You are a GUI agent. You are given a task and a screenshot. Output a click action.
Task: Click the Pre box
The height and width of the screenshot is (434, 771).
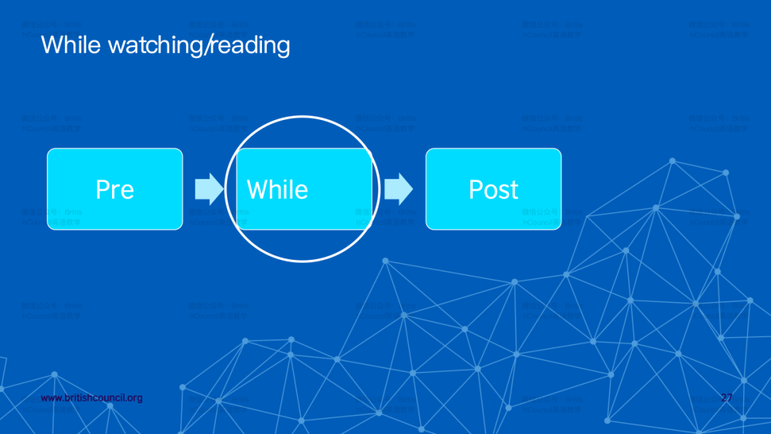[115, 189]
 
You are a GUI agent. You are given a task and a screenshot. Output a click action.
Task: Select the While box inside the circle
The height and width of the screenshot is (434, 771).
[303, 189]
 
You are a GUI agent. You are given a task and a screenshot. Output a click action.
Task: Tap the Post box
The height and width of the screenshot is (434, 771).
[493, 189]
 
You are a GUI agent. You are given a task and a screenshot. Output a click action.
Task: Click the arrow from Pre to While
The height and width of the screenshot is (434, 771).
[208, 188]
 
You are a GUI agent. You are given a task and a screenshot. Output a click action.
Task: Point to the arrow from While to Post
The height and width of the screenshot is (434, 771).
[398, 188]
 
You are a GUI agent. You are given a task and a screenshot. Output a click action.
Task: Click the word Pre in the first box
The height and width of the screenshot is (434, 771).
[115, 190]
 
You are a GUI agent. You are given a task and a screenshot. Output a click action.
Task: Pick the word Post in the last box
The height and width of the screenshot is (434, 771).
[493, 190]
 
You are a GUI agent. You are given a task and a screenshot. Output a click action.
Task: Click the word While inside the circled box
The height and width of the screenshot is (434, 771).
[278, 190]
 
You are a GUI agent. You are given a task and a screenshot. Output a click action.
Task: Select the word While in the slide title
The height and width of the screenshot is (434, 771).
[71, 45]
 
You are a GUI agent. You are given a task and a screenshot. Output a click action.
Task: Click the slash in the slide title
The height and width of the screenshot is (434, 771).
[210, 46]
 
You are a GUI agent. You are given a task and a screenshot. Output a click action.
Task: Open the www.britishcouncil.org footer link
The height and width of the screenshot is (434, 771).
[91, 398]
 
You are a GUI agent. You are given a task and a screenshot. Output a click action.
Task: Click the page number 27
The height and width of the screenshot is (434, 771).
[727, 398]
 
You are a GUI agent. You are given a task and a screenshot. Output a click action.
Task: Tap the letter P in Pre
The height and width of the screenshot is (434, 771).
[103, 190]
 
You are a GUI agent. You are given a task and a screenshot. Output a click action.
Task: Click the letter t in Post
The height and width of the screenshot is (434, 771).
[513, 190]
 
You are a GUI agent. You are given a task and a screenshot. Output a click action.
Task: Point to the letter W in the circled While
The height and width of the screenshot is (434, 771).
[258, 190]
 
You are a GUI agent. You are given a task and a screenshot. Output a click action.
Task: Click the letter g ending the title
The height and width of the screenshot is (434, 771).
[283, 47]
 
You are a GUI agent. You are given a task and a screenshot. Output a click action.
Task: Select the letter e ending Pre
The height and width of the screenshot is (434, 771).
[127, 191]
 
